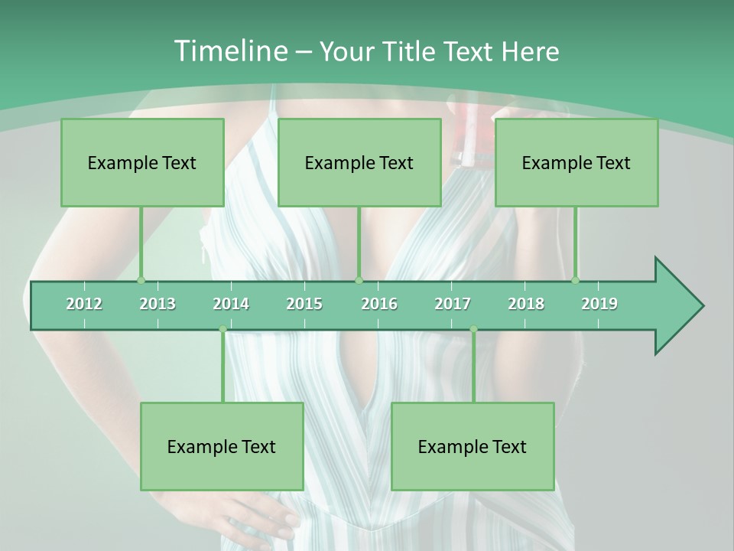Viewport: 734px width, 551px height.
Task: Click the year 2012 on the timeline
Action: pos(84,304)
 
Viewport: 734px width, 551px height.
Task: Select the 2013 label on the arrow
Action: pos(158,304)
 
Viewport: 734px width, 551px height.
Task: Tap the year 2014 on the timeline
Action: pos(231,304)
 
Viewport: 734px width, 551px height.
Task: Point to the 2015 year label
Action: pos(304,304)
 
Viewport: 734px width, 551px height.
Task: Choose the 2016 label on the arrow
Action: pos(379,304)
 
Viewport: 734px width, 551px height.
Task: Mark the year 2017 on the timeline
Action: pos(453,304)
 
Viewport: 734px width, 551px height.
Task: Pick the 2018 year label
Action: pos(526,304)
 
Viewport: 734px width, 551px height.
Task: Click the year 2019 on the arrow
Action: pos(599,304)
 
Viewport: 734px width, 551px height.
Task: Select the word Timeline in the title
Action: pos(229,51)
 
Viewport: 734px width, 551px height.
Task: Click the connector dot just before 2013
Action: pos(141,280)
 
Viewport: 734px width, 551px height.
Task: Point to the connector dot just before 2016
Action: pos(359,280)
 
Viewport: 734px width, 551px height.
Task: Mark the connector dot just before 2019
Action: pos(576,280)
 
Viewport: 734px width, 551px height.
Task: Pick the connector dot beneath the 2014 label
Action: pos(222,329)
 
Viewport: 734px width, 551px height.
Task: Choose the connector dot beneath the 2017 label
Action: pos(473,329)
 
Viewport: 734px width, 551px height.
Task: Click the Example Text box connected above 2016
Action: pos(359,162)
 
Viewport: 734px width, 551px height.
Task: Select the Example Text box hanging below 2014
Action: pos(222,446)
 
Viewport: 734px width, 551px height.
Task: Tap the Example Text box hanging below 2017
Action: pos(473,446)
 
